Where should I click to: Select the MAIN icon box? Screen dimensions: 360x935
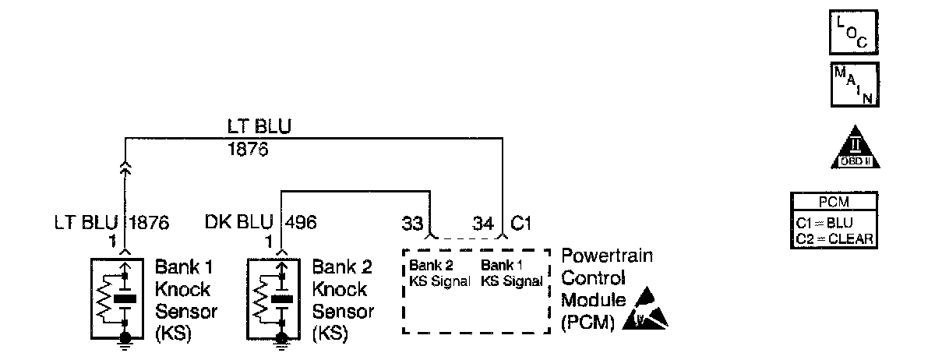click(x=853, y=83)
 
